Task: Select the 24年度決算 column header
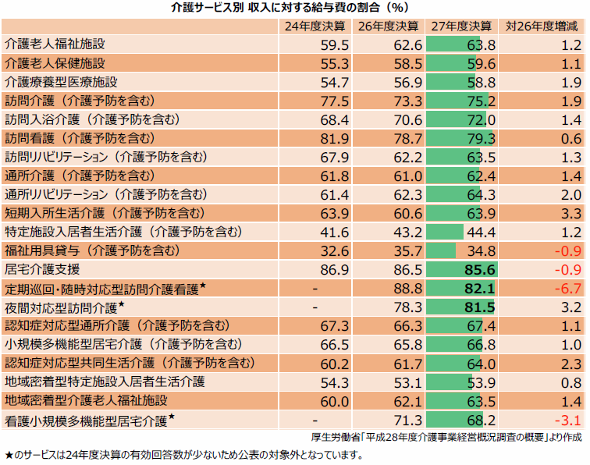[315, 27]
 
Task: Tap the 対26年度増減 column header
[542, 27]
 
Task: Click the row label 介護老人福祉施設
[55, 44]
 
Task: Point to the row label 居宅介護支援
[42, 269]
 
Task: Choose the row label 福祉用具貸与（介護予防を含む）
[93, 250]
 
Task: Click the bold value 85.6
[480, 270]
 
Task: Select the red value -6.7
[568, 289]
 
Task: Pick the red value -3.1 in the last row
[568, 421]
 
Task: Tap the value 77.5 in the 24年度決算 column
[335, 101]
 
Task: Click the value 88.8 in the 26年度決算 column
[408, 289]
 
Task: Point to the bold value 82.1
[480, 289]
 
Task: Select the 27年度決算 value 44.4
[482, 232]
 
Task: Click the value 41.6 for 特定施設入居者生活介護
[335, 232]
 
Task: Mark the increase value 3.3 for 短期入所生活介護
[571, 213]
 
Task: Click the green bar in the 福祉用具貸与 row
[441, 250]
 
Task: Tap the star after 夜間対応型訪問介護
[121, 304]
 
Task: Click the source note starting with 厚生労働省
[446, 437]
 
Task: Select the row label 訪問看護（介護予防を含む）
[80, 138]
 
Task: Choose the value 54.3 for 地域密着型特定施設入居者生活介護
[335, 382]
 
